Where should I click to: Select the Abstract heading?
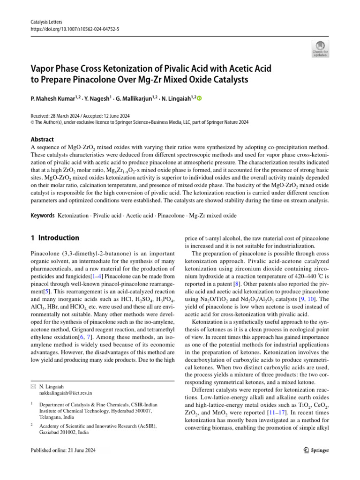[42, 139]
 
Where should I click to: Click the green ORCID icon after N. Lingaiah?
[199, 98]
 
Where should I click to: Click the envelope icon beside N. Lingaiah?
[32, 385]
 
